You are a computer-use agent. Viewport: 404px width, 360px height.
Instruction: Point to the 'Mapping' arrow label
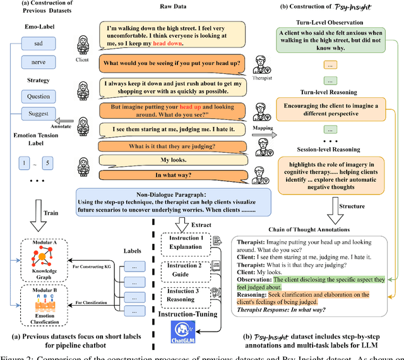tap(259, 126)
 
